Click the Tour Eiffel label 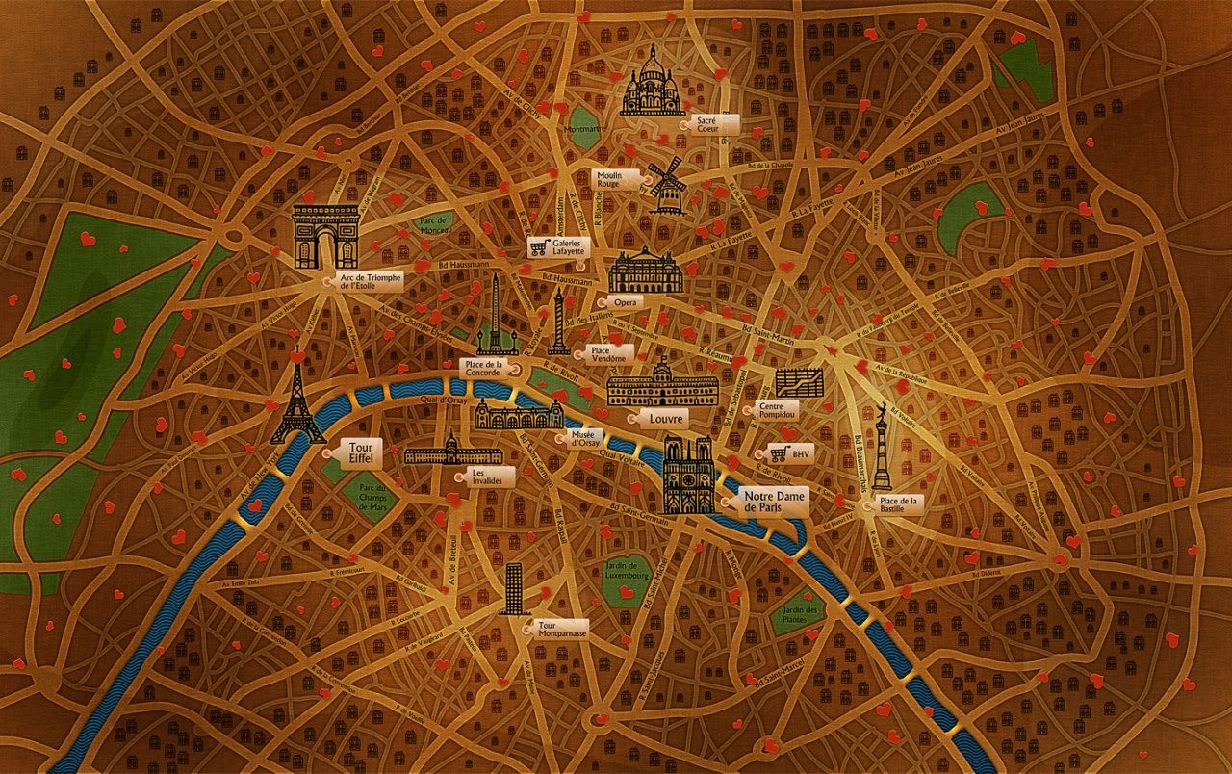pyautogui.click(x=360, y=453)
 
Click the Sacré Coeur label pyautogui.click(x=714, y=124)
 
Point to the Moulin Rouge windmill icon pyautogui.click(x=666, y=183)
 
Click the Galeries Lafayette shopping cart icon pyautogui.click(x=539, y=247)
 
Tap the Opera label pyautogui.click(x=627, y=302)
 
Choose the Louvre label pyautogui.click(x=666, y=419)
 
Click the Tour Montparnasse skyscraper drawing pyautogui.click(x=514, y=588)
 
